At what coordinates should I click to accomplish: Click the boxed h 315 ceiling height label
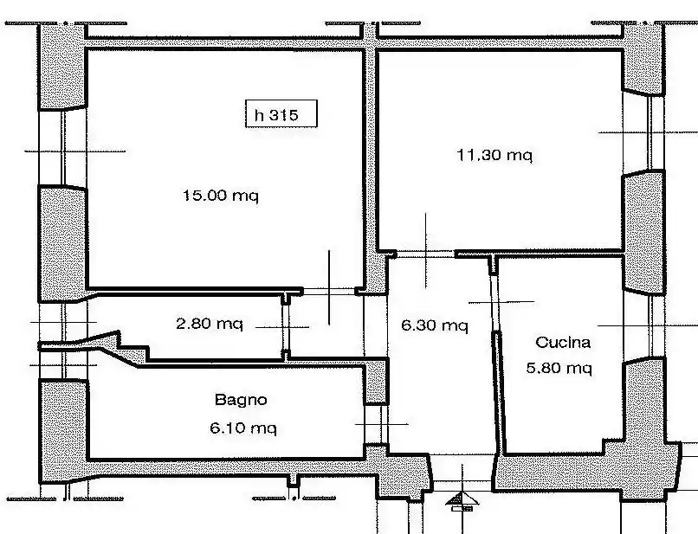pyautogui.click(x=281, y=114)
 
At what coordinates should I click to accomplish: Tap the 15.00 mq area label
pyautogui.click(x=220, y=196)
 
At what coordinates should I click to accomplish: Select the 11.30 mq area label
pyautogui.click(x=494, y=155)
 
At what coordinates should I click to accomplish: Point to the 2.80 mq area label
pyautogui.click(x=210, y=324)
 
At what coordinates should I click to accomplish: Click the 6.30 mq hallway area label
pyautogui.click(x=435, y=325)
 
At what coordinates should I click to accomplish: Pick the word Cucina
pyautogui.click(x=563, y=342)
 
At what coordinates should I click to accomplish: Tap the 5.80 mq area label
pyautogui.click(x=559, y=368)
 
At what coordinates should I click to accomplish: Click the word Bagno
pyautogui.click(x=241, y=400)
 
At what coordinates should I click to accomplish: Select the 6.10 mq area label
pyautogui.click(x=243, y=428)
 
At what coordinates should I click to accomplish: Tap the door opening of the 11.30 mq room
pyautogui.click(x=425, y=254)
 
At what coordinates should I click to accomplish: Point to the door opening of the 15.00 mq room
pyautogui.click(x=329, y=292)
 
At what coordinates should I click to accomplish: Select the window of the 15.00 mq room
pyautogui.click(x=63, y=147)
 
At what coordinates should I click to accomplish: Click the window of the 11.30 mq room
pyautogui.click(x=643, y=132)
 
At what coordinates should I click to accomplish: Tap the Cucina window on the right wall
pyautogui.click(x=644, y=326)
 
